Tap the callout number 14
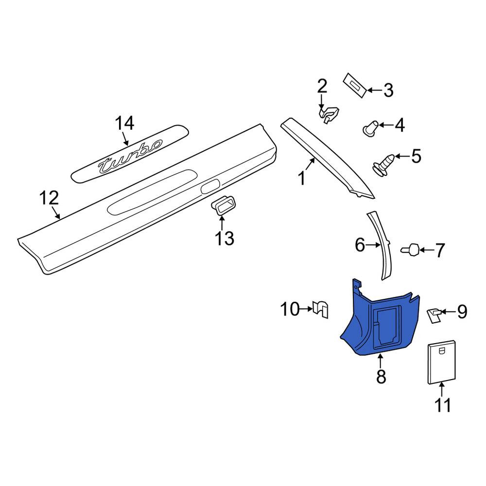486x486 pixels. (124, 123)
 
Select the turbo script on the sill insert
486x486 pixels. (130, 157)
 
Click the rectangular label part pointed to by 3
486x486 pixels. (355, 86)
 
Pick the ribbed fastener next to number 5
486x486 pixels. (383, 165)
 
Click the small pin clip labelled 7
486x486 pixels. (410, 250)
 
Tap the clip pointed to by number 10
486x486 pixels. (321, 309)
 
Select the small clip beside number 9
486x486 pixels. (434, 315)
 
